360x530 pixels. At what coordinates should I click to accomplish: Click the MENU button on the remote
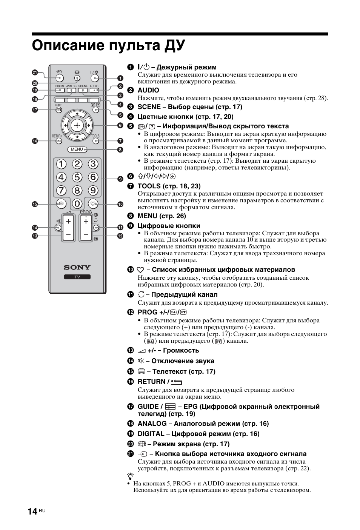(x=77, y=149)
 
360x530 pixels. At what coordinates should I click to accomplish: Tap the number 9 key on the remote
(x=93, y=190)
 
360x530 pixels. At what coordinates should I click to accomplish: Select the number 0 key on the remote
(x=77, y=204)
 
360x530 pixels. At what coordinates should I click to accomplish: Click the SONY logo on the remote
(x=77, y=267)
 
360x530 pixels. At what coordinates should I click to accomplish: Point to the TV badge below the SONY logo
(x=77, y=277)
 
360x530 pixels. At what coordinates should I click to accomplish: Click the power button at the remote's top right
(x=94, y=79)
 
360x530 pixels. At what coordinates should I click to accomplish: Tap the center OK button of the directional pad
(x=77, y=125)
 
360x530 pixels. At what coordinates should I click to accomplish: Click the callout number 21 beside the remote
(x=35, y=72)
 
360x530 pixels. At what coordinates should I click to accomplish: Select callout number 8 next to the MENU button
(x=120, y=149)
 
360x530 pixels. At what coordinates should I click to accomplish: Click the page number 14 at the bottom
(x=32, y=511)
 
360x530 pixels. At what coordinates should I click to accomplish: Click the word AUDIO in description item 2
(x=148, y=90)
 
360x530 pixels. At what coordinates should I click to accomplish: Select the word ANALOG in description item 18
(x=152, y=424)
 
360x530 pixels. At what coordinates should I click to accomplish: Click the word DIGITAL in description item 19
(x=151, y=434)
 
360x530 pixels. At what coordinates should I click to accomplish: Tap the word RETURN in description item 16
(x=151, y=382)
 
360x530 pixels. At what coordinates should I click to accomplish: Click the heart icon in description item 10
(x=140, y=270)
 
